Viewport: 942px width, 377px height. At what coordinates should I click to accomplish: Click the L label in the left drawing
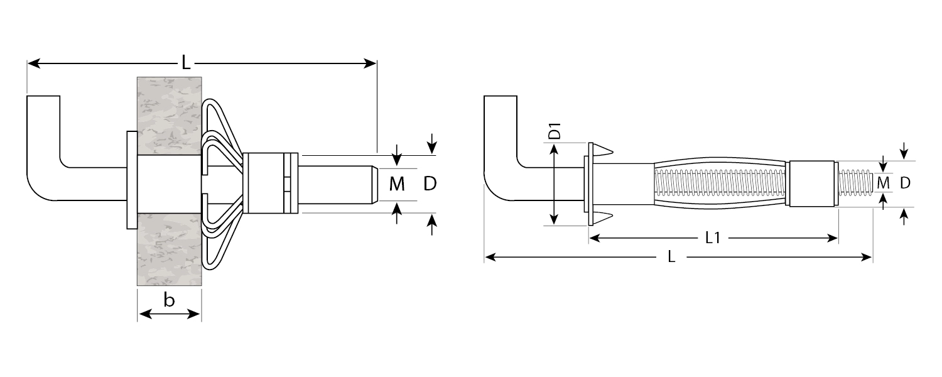(x=186, y=62)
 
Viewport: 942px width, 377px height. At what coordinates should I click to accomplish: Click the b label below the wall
(x=169, y=301)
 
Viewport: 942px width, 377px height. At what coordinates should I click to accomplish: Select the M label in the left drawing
(x=397, y=184)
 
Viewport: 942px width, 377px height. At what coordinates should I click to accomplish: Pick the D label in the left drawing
(x=430, y=183)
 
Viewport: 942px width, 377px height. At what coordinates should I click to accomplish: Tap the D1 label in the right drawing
(x=555, y=134)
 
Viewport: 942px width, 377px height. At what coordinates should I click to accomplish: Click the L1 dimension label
(x=713, y=238)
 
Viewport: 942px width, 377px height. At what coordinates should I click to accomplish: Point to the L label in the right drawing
(x=672, y=257)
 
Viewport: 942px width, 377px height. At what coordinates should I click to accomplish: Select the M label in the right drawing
(x=883, y=183)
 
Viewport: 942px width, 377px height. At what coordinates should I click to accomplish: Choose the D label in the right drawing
(x=905, y=183)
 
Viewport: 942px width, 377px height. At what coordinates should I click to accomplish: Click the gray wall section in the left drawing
(x=169, y=113)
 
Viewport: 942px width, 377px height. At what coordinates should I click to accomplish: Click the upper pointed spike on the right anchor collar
(x=604, y=150)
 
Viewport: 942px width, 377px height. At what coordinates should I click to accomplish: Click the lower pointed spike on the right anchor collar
(x=604, y=217)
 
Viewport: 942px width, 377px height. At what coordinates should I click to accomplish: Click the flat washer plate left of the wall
(x=131, y=180)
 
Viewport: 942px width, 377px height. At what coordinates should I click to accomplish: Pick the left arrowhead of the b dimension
(x=141, y=314)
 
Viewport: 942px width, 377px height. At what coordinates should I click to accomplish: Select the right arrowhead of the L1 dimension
(x=835, y=238)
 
